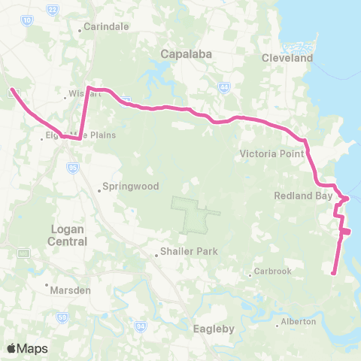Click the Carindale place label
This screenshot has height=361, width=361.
click(107, 26)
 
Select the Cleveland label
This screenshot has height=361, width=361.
click(287, 58)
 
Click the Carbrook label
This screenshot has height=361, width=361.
click(272, 271)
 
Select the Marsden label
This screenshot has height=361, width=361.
click(68, 288)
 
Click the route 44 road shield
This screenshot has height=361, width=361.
click(223, 88)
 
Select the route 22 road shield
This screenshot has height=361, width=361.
click(52, 9)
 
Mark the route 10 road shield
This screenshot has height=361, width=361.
click(27, 21)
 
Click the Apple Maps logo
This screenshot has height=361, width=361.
click(27, 348)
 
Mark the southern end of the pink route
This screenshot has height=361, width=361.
click(333, 273)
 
